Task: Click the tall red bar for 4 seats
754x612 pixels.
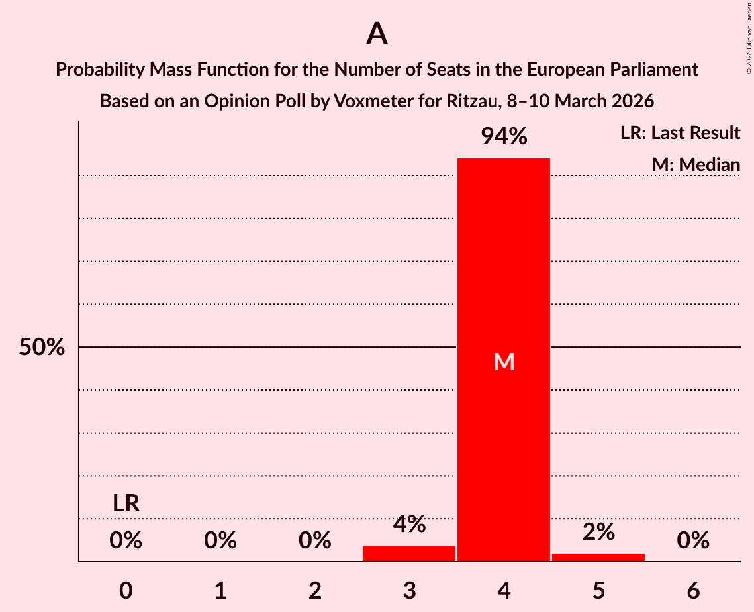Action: tap(504, 265)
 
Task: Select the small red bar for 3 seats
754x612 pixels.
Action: tap(409, 553)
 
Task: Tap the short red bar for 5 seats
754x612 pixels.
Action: tap(598, 557)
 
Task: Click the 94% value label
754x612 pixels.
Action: tap(504, 136)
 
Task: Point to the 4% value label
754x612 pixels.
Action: tap(409, 524)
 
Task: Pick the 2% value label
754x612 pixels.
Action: tap(598, 532)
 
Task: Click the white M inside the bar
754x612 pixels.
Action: tap(504, 362)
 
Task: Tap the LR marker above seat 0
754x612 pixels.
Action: tap(126, 503)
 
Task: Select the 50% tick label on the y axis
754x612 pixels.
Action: tap(42, 347)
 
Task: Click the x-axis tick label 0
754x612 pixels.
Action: tap(126, 590)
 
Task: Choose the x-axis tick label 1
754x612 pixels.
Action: tap(220, 590)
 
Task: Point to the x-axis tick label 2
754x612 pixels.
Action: tap(315, 590)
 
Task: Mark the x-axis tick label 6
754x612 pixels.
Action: tap(693, 590)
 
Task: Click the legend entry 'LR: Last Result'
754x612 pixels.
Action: tap(680, 133)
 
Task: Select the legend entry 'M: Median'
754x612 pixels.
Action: tap(696, 164)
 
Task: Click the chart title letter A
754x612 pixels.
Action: tap(377, 33)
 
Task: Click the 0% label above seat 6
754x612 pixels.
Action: tap(693, 541)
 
